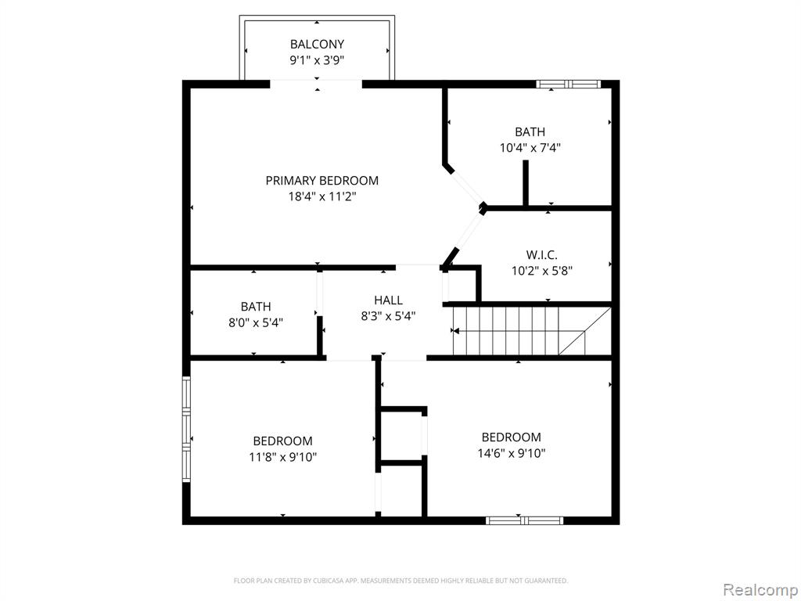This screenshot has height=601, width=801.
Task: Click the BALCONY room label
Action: point(317,44)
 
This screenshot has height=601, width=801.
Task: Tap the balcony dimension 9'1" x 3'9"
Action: point(317,60)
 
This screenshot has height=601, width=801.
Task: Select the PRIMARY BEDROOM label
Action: point(321,181)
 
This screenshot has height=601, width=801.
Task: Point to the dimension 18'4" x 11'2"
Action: point(321,196)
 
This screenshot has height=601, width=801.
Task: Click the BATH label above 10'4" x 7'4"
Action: point(530,131)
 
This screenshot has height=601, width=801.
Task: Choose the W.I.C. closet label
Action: point(541,254)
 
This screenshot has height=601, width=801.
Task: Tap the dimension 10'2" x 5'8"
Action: point(541,270)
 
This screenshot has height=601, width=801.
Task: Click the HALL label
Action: point(388,300)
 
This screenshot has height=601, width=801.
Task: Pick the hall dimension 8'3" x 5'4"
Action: point(388,316)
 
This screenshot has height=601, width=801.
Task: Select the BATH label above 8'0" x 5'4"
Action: point(256,307)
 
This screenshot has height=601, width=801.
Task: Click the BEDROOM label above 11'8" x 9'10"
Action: point(282,441)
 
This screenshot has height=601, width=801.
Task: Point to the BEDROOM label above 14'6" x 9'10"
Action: point(512,437)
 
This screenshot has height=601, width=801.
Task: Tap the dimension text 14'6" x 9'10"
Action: point(512,453)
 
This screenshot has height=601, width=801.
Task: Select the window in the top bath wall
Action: point(568,85)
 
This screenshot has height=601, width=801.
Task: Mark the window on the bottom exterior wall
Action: point(524,520)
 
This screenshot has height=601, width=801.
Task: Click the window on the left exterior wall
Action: point(186,430)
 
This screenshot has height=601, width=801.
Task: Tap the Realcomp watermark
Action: point(760,590)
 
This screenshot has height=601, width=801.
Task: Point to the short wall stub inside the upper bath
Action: point(525,184)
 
